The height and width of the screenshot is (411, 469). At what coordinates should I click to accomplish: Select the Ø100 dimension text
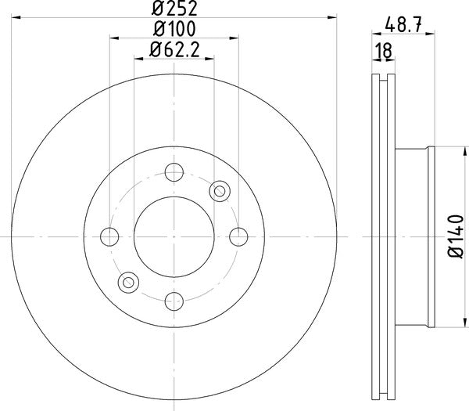click(174, 30)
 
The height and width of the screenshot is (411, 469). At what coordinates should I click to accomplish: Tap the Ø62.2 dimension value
click(174, 52)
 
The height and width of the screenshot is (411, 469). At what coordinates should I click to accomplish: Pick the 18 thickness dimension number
click(383, 52)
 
